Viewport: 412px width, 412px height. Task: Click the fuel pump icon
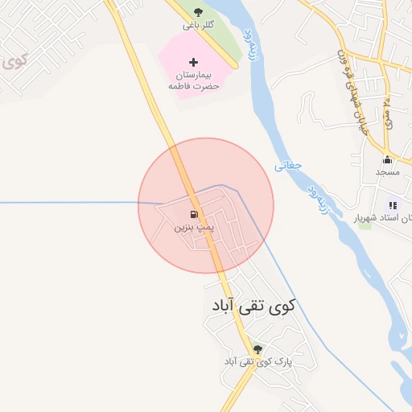click(193, 215)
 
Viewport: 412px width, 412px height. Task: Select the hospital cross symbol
click(193, 61)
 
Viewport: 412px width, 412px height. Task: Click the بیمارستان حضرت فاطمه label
click(194, 79)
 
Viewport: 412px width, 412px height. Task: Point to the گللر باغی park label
click(198, 25)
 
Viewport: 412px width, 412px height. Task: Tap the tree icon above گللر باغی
click(199, 12)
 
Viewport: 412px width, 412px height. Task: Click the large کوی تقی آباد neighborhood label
click(253, 307)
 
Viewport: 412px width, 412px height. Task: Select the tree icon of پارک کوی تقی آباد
click(257, 349)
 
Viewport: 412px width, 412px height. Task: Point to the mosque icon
click(387, 159)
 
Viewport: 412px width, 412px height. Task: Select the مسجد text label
click(387, 172)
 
